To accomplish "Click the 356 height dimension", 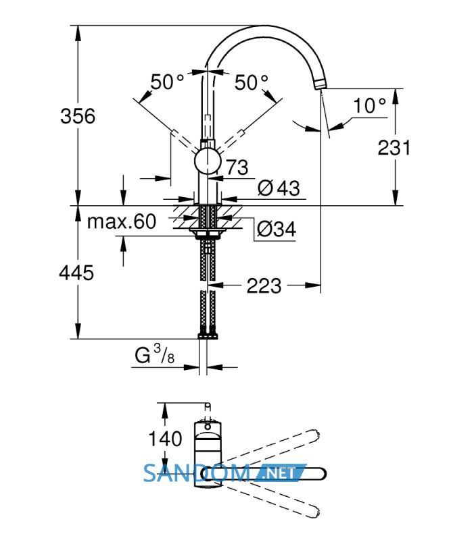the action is (78, 116).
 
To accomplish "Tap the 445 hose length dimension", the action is (76, 273).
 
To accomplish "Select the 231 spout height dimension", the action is (394, 148).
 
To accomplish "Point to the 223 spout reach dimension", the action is (264, 286).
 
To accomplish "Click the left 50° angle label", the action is (168, 82).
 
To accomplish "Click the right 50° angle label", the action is (252, 82).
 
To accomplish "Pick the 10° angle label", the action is (369, 105).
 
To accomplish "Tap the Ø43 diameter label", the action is (279, 188).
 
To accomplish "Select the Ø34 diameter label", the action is (277, 228).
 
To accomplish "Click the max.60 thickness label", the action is (122, 221).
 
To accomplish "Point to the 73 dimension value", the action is (237, 167).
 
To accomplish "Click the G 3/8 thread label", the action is (155, 354).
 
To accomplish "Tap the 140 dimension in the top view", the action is (165, 438).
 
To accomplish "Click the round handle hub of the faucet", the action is (207, 161).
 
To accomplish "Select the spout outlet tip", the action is (321, 84).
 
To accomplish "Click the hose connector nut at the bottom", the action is (207, 335).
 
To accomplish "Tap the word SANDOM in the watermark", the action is (196, 473).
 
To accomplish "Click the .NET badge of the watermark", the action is (280, 473).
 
